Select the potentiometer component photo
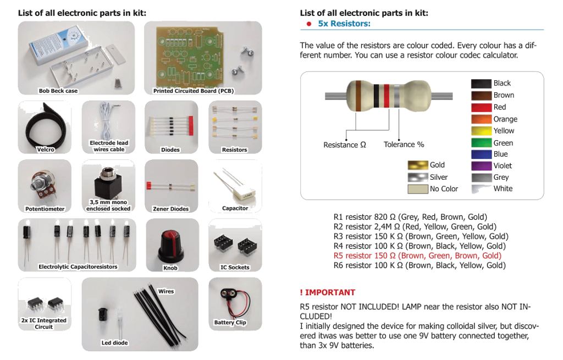point(43,183)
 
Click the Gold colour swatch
point(418,165)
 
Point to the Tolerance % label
point(404,145)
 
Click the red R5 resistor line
point(417,256)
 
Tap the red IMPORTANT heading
point(328,292)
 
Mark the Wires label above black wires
point(166,290)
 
